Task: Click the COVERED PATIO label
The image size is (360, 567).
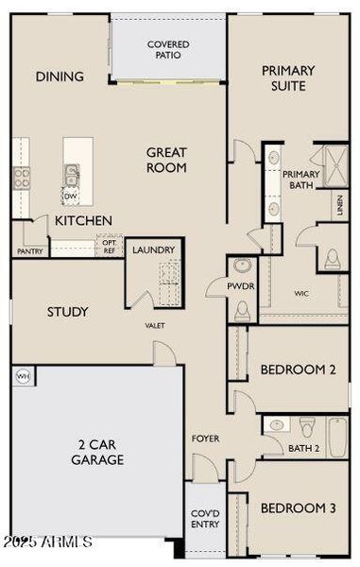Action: coord(168,49)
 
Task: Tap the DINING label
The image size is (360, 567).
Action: coord(60,77)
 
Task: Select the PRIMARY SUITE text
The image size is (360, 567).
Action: coord(288,77)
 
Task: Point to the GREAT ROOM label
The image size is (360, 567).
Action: coord(166,160)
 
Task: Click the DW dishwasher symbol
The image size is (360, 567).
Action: coord(70,197)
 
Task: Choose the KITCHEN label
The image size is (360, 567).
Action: coord(83,220)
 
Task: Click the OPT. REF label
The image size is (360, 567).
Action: coord(110,247)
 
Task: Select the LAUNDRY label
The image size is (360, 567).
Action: coord(153,249)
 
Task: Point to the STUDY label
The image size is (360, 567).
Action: coord(68,312)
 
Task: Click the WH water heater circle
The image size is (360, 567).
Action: coord(21,375)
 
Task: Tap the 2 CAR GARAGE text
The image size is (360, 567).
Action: coord(97,452)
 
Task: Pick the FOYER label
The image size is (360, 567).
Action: coord(205,438)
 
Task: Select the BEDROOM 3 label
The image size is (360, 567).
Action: coord(298,508)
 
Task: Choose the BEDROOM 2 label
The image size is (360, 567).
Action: coord(298,369)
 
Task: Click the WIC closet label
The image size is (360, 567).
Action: coord(301,294)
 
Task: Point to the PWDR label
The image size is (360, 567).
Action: coord(240,286)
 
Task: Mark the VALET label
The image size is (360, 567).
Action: coord(155,325)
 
